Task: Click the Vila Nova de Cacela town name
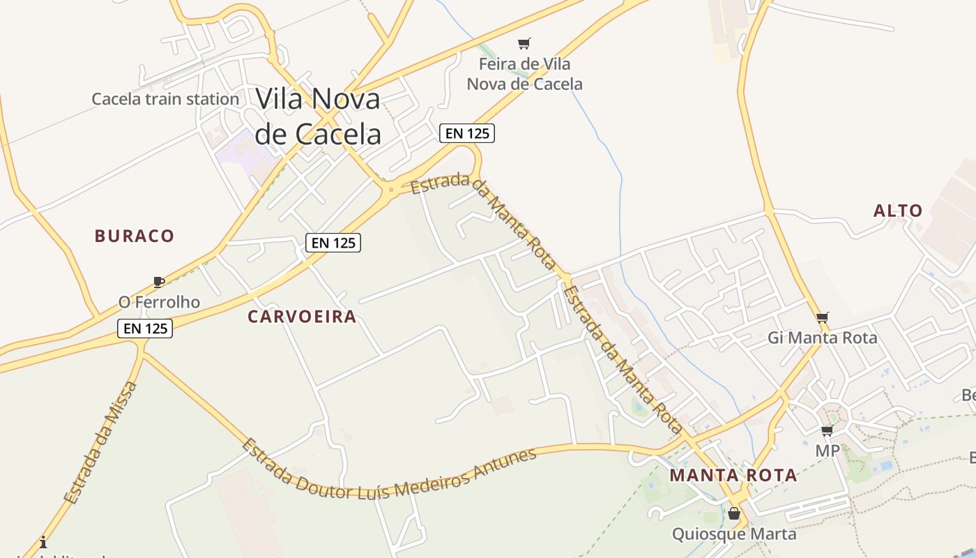tap(318, 116)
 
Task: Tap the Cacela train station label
tap(165, 99)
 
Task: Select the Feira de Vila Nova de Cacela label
tap(524, 74)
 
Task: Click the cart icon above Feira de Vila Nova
tap(524, 44)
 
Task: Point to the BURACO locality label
tap(135, 236)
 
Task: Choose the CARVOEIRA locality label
tap(302, 317)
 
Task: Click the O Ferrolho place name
tap(159, 302)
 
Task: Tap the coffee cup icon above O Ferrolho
tap(159, 282)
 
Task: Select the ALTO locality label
tap(898, 211)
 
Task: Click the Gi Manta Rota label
tap(822, 338)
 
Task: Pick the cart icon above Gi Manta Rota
tap(823, 318)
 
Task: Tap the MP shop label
tap(828, 451)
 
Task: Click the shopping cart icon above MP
tap(828, 430)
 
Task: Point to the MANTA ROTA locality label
tap(733, 476)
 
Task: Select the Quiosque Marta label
tap(734, 534)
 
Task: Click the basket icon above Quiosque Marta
tap(734, 514)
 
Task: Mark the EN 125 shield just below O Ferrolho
tap(145, 329)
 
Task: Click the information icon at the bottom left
tap(43, 541)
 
